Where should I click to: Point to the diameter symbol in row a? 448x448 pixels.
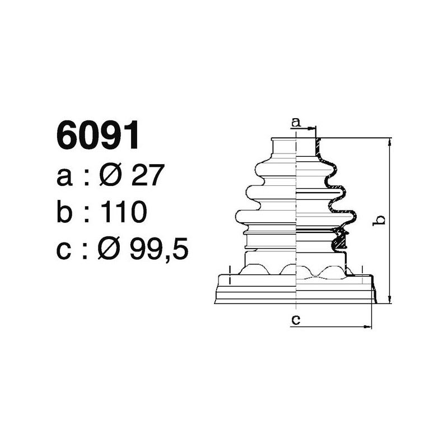[110, 177]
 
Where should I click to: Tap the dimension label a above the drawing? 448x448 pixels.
[296, 122]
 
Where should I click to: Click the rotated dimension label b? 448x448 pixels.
[380, 220]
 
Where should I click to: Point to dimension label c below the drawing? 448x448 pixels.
[296, 320]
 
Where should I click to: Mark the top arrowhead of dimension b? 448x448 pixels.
[390, 141]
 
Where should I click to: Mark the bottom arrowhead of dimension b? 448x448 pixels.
[390, 300]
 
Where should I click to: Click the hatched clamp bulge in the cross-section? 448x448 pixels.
[339, 241]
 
